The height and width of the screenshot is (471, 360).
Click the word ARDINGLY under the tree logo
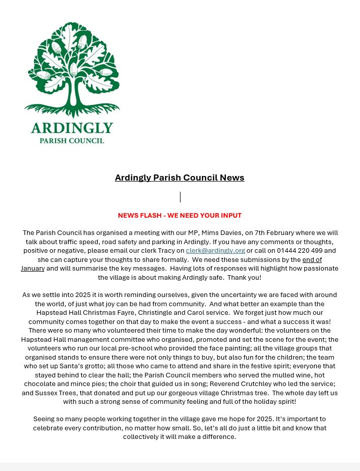[72, 128]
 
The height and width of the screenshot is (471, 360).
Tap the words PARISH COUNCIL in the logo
[72, 140]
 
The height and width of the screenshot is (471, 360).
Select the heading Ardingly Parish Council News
[179, 178]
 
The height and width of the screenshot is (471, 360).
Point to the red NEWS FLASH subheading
[179, 216]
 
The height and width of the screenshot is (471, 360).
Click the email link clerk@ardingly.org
[215, 251]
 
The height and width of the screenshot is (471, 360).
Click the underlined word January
[33, 269]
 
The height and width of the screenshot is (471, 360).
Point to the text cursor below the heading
[180, 197]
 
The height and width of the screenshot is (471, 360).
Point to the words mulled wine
[284, 375]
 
